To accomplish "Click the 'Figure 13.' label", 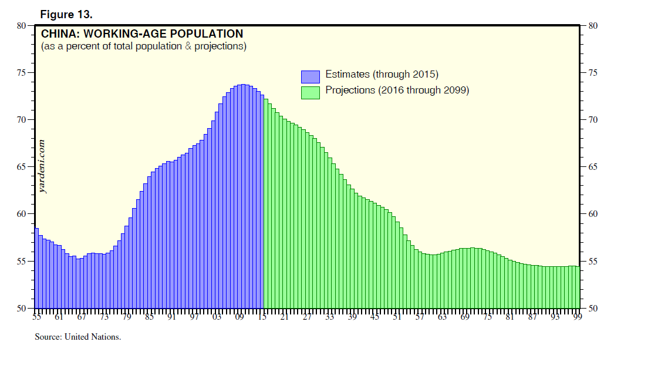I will tap(66, 15).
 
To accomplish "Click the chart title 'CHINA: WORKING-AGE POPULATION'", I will tap(141, 34).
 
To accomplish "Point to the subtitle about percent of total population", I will tap(143, 46).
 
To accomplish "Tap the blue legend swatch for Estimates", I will tap(311, 76).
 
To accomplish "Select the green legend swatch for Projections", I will tap(311, 92).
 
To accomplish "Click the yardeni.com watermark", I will tap(42, 166).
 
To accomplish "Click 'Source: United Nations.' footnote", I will tap(78, 337).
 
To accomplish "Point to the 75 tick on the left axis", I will tap(22, 73).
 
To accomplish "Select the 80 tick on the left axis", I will tap(22, 26).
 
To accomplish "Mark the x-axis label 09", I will tap(239, 318).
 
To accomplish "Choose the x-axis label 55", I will tap(36, 318).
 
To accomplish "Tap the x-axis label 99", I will tap(577, 318).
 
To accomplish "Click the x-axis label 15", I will tap(262, 318).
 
